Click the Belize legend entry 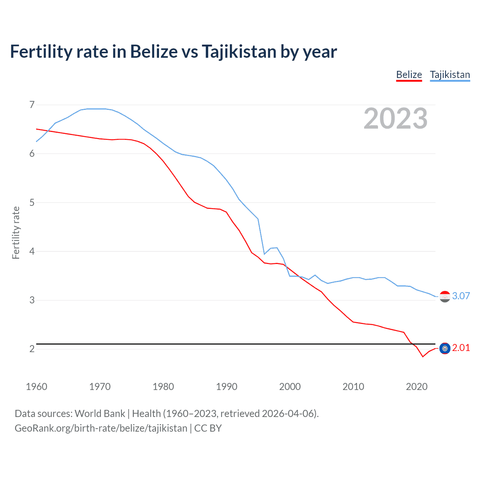(409, 75)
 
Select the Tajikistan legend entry (450, 75)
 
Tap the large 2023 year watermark (395, 118)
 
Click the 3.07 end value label (461, 296)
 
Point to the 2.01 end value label (461, 348)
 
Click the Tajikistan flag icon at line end (445, 297)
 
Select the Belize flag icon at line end (445, 348)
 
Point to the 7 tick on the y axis (32, 105)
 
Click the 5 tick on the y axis (32, 202)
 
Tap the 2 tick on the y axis (32, 349)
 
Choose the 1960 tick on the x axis (36, 387)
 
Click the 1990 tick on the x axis (226, 387)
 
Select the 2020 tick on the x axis (417, 387)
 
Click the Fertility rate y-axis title (16, 232)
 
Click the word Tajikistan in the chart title (239, 52)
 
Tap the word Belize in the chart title (154, 52)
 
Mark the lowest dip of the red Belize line (423, 357)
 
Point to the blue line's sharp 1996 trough (264, 254)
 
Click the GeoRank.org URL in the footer (100, 428)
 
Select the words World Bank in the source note (100, 414)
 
